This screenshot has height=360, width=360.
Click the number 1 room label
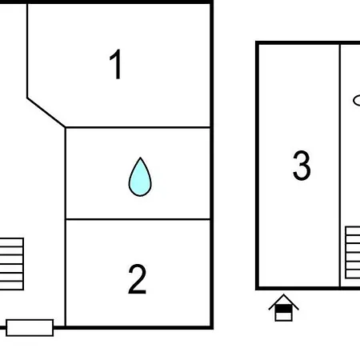point(116,64)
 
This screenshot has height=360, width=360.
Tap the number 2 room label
point(138,279)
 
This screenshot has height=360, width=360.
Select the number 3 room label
point(302,166)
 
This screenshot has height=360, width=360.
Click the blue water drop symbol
point(140,177)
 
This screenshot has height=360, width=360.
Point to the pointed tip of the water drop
point(140,158)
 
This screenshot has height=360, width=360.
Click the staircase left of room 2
point(12,264)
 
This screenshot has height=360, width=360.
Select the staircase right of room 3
point(353,253)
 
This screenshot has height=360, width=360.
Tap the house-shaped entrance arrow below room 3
point(283,308)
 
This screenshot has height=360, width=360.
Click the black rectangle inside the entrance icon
point(283,309)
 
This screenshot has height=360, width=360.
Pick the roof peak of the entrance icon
point(283,294)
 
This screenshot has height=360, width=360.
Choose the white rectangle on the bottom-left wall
point(30,327)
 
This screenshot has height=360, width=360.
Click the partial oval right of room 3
point(357,101)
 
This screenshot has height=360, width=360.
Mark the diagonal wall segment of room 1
point(46,112)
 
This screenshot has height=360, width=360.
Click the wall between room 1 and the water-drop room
point(138,127)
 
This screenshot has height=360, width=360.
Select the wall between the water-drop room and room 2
point(138,219)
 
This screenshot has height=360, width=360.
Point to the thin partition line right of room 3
point(340,166)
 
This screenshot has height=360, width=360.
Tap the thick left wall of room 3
point(258,166)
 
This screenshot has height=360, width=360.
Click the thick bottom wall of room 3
point(307,288)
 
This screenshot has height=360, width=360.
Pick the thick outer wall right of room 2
point(212,165)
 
